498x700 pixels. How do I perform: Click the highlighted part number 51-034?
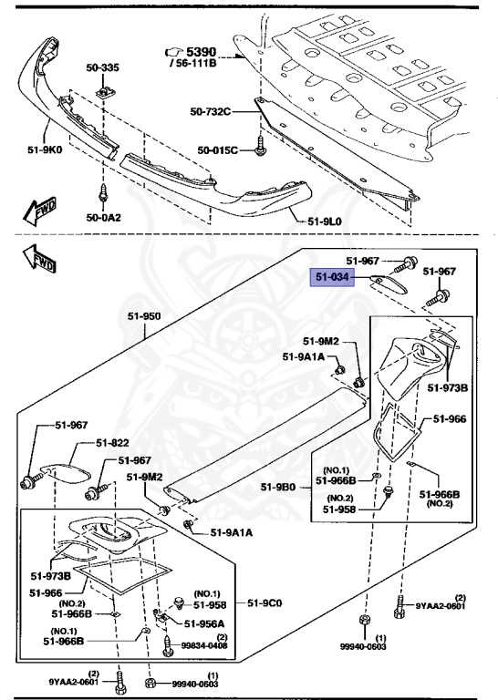coord(333,278)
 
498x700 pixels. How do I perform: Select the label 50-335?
coord(102,67)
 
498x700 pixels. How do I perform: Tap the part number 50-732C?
coord(211,112)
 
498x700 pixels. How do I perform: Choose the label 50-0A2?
coord(103,218)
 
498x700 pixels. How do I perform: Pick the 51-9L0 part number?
coord(326,221)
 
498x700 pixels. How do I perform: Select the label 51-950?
coord(143,316)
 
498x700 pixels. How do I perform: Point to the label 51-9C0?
coord(265,602)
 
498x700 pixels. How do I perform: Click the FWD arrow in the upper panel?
coord(40,212)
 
